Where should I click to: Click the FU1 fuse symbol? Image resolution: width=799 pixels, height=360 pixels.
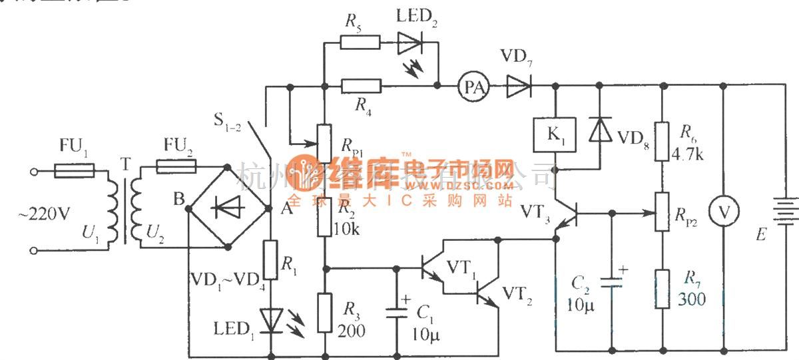73,171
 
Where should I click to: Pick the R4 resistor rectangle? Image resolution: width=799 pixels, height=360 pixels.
360,85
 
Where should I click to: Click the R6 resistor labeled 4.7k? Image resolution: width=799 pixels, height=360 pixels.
661,141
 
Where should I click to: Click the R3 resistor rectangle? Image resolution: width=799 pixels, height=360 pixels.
324,312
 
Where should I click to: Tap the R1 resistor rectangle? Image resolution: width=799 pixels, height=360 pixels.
270,260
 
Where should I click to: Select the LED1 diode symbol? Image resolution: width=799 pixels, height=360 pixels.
270,319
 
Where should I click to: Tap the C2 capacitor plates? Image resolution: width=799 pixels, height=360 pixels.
611,281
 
